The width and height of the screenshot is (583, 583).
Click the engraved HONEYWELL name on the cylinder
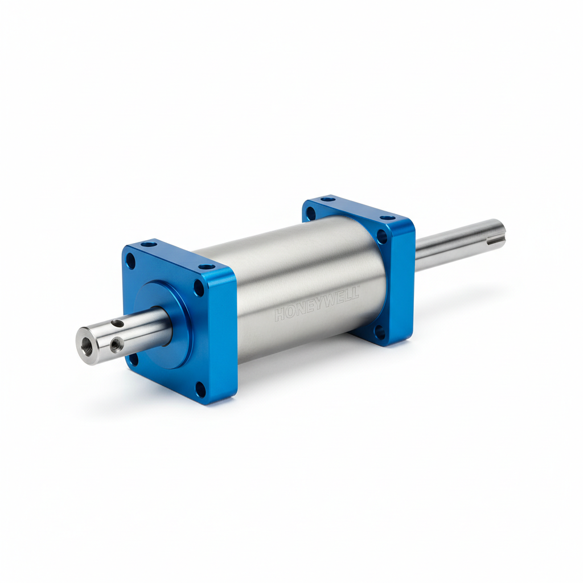click(x=317, y=303)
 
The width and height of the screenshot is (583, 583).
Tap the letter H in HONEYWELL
click(x=280, y=315)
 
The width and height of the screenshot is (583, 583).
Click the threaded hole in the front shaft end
click(x=87, y=341)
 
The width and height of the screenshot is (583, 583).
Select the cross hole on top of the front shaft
click(x=118, y=323)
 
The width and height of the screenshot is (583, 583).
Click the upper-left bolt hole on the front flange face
click(x=131, y=260)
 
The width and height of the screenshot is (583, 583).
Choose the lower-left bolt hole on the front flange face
click(x=134, y=360)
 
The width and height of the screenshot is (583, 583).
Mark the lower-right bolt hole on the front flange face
click(x=200, y=389)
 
